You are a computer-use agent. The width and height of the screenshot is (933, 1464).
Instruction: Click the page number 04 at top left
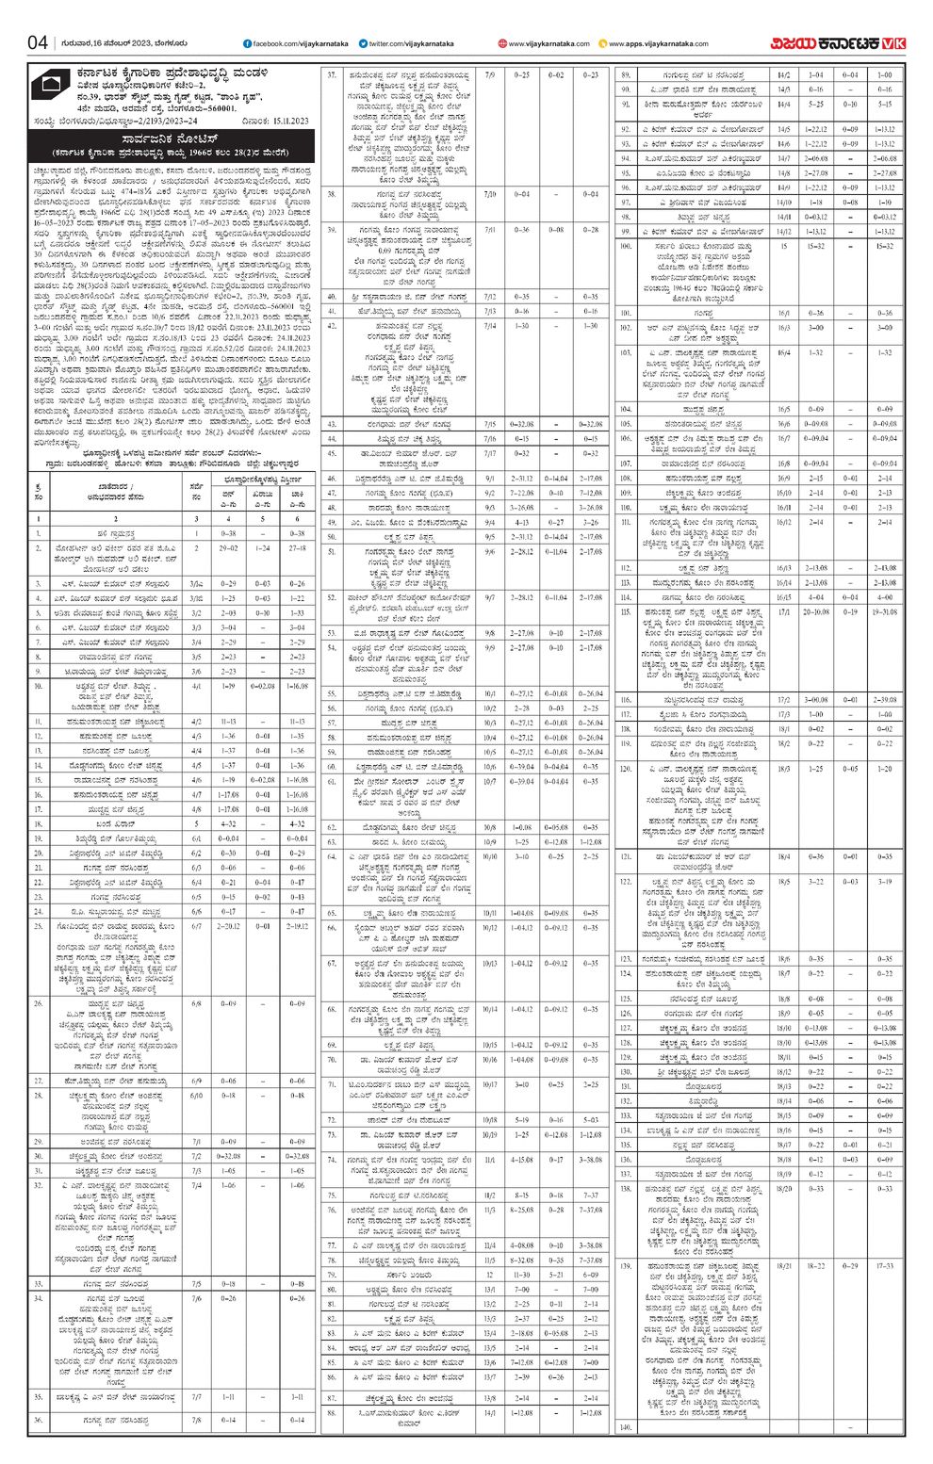pyautogui.click(x=37, y=43)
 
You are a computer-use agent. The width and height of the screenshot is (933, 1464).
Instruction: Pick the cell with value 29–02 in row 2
pyautogui.click(x=228, y=547)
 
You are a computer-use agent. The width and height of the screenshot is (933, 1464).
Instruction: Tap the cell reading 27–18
pyautogui.click(x=297, y=547)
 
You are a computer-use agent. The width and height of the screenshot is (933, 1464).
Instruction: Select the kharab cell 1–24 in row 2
pyautogui.click(x=263, y=547)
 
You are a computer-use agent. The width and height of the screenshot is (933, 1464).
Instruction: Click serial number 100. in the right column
pyautogui.click(x=625, y=246)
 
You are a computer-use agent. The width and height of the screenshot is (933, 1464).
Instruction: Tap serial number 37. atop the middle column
pyautogui.click(x=332, y=73)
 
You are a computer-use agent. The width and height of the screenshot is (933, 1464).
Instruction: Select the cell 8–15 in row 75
pyautogui.click(x=521, y=1196)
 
